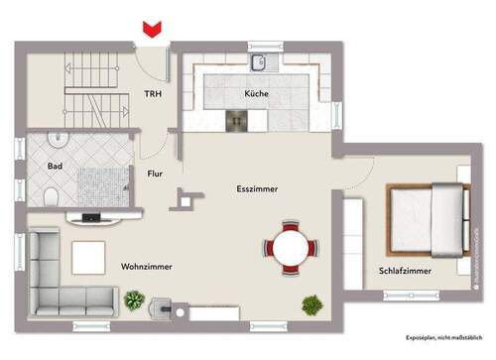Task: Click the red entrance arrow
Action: coord(152,31)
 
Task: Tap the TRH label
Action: coord(153,94)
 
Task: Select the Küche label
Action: coord(257,94)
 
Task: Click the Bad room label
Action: coord(55,167)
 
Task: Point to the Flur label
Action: coord(155,174)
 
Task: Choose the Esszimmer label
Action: coord(257,188)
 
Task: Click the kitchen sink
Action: coord(260,64)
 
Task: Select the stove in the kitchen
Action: coord(238,120)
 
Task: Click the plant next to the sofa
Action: coord(134,298)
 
